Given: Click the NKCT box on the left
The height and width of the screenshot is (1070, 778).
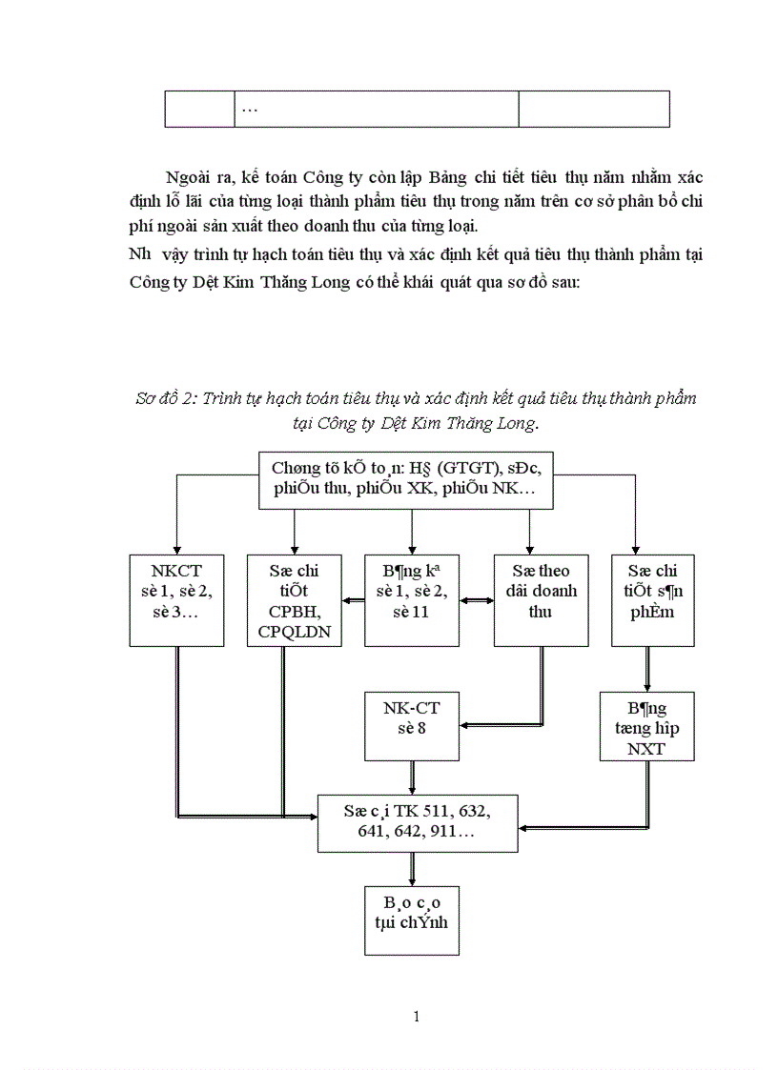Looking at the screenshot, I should click(x=177, y=600).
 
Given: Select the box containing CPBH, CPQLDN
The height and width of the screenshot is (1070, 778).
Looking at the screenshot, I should click(x=295, y=600).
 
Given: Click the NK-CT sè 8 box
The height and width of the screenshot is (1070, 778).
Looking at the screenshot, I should click(x=412, y=727).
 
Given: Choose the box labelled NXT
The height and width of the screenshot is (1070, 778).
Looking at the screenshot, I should click(x=646, y=726).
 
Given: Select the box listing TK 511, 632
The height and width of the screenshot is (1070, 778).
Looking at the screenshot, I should click(x=418, y=821).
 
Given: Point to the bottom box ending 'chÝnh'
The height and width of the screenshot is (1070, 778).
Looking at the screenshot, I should click(x=412, y=919).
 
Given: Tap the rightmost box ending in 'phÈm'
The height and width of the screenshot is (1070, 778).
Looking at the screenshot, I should click(x=653, y=600).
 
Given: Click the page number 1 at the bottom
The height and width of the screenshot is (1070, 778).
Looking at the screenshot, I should click(x=417, y=1016).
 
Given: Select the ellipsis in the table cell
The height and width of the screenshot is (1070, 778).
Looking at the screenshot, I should click(x=250, y=110).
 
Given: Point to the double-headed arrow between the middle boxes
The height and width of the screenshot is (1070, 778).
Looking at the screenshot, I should click(x=476, y=600).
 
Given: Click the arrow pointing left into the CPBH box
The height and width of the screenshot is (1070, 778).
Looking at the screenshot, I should click(x=354, y=600).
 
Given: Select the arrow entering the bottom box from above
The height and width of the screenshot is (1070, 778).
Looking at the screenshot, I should click(x=412, y=869).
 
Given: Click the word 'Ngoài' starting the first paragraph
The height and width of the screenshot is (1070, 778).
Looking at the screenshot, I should click(x=188, y=178).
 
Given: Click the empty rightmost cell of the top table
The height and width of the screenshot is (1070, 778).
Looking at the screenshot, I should click(x=593, y=110).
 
